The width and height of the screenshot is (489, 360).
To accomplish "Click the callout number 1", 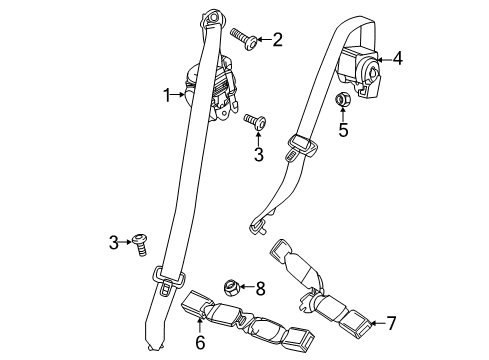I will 168,95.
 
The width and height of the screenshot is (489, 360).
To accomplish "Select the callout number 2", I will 277,40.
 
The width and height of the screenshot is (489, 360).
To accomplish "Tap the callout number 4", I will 398,58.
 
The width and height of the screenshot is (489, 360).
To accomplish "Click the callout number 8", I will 262,289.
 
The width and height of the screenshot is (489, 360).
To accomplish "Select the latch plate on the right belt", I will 298,146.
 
